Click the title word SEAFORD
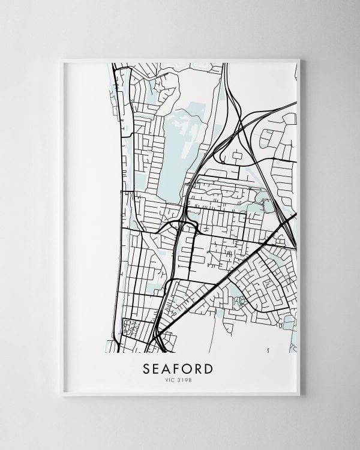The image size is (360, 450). click(178, 365)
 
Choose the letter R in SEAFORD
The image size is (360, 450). click(199, 365)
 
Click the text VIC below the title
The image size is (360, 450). click(170, 377)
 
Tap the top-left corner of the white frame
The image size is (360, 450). click(62, 59)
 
